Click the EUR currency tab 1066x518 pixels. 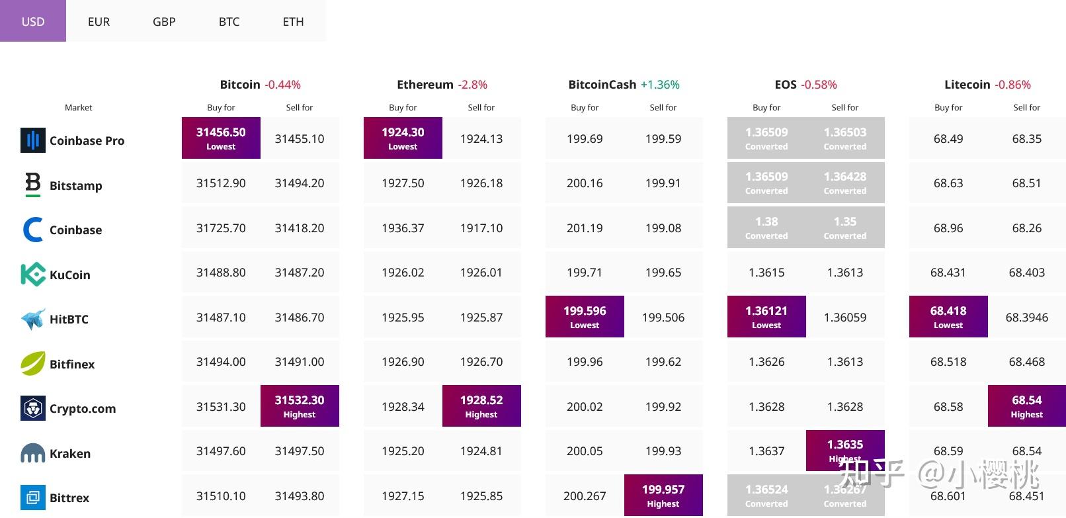(99, 21)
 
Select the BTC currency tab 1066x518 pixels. (229, 21)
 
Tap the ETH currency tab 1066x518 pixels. (293, 21)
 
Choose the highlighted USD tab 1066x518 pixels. (33, 21)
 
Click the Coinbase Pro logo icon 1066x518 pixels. (33, 140)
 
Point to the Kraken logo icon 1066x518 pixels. (33, 453)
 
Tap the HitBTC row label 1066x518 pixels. (69, 319)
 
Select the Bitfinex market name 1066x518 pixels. (72, 364)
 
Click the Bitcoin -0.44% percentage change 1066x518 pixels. (282, 85)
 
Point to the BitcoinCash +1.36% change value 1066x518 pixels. (660, 85)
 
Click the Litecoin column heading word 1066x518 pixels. (967, 85)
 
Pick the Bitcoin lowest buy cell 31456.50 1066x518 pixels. (221, 138)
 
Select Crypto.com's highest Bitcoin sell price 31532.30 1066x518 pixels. (300, 406)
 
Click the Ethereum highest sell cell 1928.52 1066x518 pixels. (481, 406)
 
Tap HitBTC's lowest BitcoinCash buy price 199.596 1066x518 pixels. (585, 316)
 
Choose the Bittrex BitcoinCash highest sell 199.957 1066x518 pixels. (663, 495)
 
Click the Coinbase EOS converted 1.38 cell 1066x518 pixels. (766, 227)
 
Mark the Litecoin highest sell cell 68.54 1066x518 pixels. (1026, 406)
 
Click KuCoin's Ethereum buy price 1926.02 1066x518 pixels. (403, 273)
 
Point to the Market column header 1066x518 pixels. (78, 107)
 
